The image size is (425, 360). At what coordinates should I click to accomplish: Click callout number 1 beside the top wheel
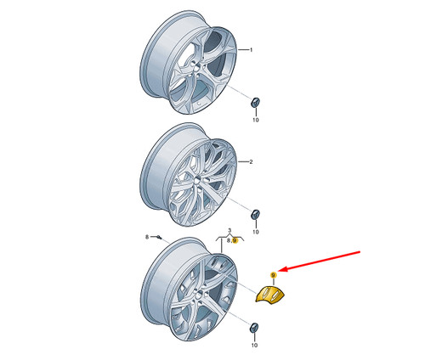(x=251, y=50)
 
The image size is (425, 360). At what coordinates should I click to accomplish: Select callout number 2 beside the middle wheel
(x=251, y=162)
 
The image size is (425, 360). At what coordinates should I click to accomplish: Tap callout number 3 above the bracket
(x=229, y=231)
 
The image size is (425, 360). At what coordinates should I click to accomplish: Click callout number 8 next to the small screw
(x=147, y=237)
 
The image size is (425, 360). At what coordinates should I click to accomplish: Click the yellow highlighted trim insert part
(x=270, y=295)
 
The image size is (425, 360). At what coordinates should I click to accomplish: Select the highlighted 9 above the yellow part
(x=273, y=275)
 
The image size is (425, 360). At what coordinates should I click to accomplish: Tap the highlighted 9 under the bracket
(x=235, y=240)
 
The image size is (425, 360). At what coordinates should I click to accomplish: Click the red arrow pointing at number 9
(x=321, y=261)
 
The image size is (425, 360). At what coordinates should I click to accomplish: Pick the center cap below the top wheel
(x=256, y=102)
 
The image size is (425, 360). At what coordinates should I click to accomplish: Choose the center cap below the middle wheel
(x=256, y=214)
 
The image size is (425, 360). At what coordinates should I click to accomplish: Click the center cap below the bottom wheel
(x=254, y=327)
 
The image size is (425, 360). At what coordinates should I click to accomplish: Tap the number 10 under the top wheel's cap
(x=256, y=120)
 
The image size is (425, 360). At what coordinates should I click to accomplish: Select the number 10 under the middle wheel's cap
(x=256, y=232)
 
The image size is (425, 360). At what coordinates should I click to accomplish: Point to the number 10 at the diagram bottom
(x=254, y=346)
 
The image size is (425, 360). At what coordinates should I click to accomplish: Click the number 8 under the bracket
(x=229, y=240)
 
